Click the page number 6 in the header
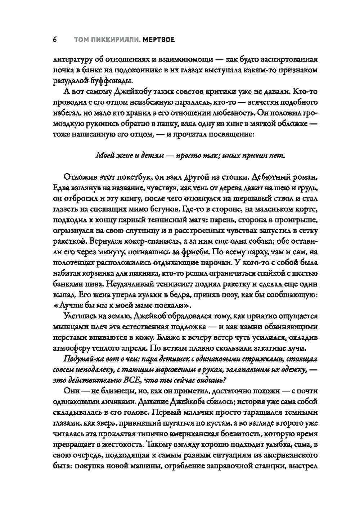pyautogui.click(x=55, y=40)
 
